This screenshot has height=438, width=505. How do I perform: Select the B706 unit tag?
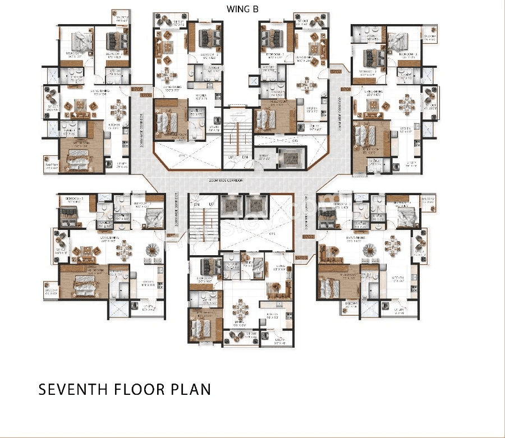pos(146,95)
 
